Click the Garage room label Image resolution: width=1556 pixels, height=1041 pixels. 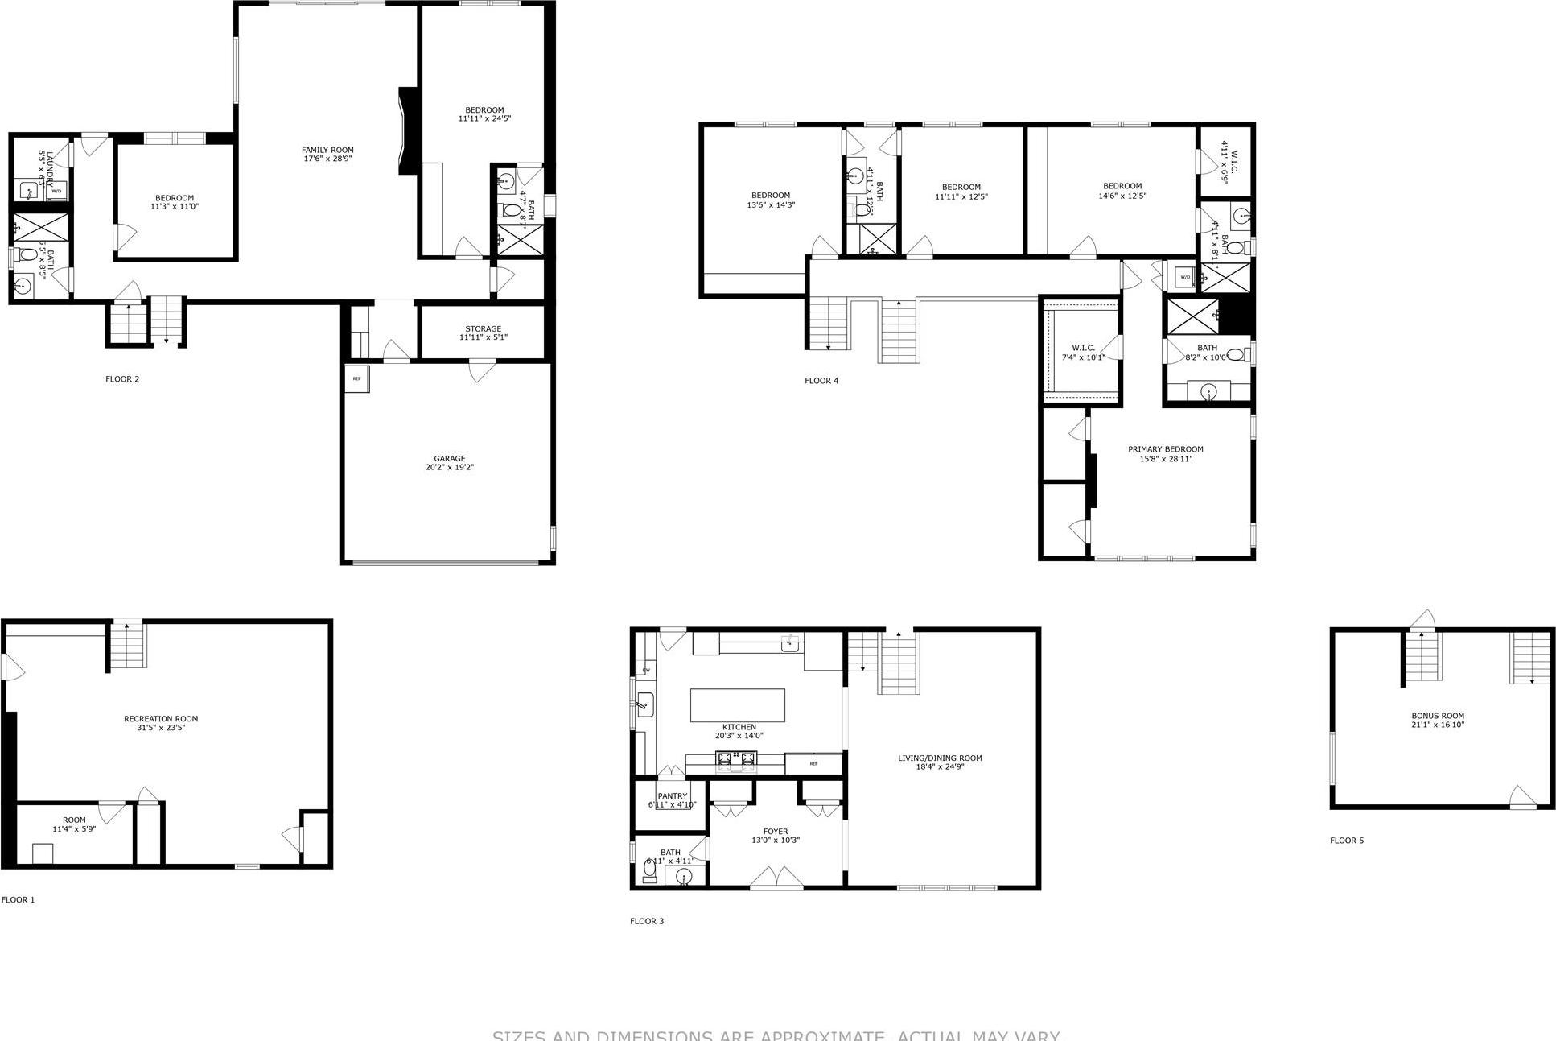coord(450,463)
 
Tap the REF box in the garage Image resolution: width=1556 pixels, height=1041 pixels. coord(356,378)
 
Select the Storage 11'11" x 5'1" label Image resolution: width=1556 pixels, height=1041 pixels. coord(483,333)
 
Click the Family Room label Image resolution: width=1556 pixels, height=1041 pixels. coord(327,154)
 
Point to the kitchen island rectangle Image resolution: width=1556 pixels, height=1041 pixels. coord(737,705)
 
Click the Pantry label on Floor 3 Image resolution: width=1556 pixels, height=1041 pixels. coord(672,800)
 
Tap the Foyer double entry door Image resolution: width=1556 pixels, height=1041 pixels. coord(776,878)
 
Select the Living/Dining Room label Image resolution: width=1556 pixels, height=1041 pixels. coord(940,762)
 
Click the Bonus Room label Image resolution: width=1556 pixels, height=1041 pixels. coord(1437,720)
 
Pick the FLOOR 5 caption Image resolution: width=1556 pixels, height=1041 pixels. coord(1346,841)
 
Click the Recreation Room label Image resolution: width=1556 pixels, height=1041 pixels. coord(161,723)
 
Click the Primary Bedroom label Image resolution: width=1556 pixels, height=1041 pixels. coord(1165,454)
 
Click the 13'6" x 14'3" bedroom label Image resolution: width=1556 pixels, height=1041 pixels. coord(771,200)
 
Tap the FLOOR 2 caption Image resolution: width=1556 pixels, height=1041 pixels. coord(122,379)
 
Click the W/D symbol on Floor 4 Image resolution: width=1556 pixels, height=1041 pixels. coord(1184,277)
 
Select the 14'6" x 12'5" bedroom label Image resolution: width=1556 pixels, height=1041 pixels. coord(1122,191)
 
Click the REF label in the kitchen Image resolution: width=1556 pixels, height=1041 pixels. coord(813,763)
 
